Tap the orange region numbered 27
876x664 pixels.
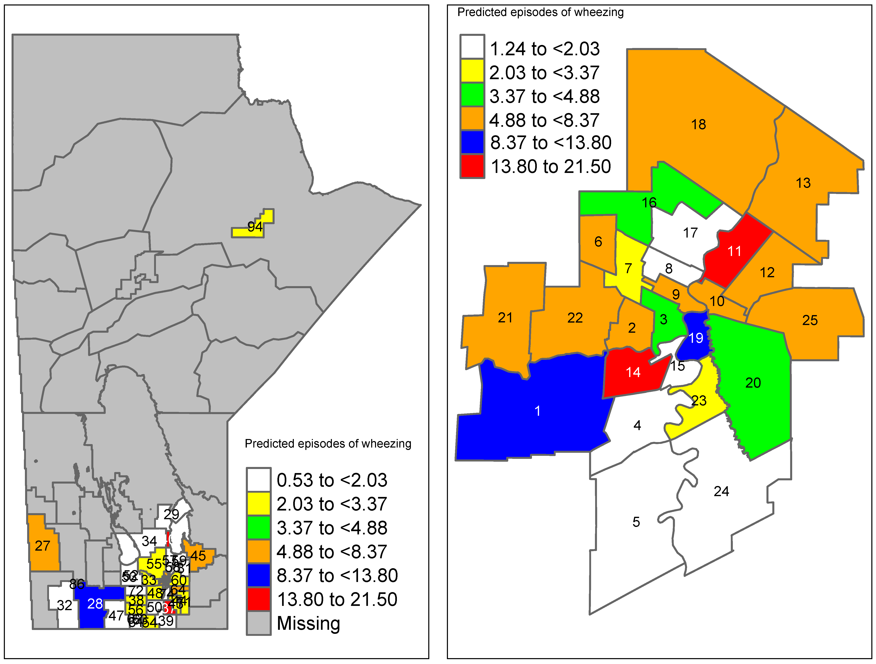[x=43, y=546]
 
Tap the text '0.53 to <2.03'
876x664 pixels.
[x=332, y=480]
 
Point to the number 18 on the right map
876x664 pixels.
[x=699, y=124]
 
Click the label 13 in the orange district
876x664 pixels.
[x=803, y=183]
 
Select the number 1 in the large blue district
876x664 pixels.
[x=537, y=411]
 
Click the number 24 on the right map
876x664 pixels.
[x=721, y=491]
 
